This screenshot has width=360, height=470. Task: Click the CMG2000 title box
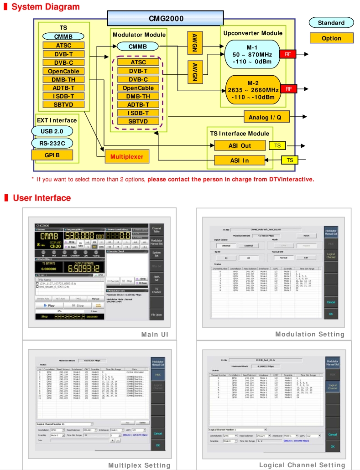point(166,18)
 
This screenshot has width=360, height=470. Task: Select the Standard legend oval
point(331,23)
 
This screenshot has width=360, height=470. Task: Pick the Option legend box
point(331,38)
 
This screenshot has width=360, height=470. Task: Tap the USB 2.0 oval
point(52,131)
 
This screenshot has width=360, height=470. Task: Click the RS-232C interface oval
point(52,143)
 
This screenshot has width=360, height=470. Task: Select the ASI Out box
point(240,145)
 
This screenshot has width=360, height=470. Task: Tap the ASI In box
point(240,160)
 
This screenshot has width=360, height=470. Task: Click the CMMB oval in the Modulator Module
point(137,46)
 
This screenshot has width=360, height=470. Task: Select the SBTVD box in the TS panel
point(63,104)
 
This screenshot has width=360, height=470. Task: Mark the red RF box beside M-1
point(287,54)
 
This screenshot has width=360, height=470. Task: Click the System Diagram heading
point(45,7)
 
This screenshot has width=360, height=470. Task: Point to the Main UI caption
point(156,334)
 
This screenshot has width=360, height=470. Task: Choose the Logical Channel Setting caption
point(302,465)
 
